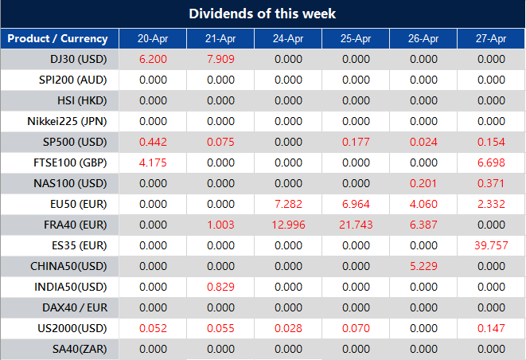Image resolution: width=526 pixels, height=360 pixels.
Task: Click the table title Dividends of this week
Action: tap(263, 14)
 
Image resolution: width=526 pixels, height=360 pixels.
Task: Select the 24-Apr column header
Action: tap(288, 38)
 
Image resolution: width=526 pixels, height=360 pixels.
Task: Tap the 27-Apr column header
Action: tap(491, 38)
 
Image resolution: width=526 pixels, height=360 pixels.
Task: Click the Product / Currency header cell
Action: tap(57, 38)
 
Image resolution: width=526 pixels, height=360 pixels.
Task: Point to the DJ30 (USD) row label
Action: tap(72, 59)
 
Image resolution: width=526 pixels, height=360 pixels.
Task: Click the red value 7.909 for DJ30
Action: tap(220, 59)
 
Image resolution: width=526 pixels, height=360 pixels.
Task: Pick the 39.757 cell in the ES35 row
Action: tap(491, 245)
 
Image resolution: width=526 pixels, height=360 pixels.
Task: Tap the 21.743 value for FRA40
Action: tap(356, 225)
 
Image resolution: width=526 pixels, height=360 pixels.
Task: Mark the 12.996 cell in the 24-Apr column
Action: tap(288, 225)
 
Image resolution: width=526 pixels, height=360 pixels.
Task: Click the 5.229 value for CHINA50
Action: tap(423, 266)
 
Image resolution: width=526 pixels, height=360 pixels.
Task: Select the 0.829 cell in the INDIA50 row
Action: tap(220, 287)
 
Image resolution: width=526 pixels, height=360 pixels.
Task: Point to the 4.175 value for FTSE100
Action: tap(153, 162)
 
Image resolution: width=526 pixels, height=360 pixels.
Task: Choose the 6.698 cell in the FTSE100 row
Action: tap(491, 162)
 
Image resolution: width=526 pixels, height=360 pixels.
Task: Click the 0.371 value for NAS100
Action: tap(491, 183)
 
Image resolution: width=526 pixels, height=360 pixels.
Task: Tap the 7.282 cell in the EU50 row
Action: tap(288, 204)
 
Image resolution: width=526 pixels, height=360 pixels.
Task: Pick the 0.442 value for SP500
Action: tap(153, 142)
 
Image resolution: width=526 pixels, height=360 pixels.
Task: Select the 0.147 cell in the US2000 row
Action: tap(491, 328)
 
